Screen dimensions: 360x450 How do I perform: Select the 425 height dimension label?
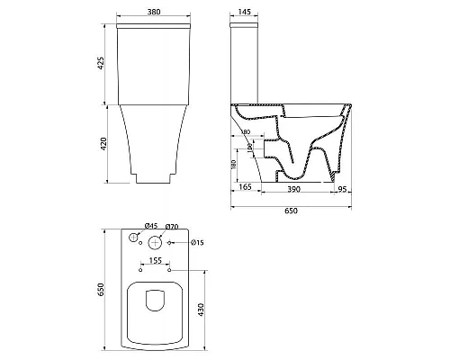pos(102,65)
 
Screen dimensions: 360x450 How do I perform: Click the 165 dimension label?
pos(244,187)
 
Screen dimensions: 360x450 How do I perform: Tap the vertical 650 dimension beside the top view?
pos(102,289)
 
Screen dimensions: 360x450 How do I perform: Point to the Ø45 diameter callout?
pos(137,228)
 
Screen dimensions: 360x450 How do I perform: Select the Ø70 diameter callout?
pos(174,228)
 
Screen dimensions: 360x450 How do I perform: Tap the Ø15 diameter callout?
pos(198,243)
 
